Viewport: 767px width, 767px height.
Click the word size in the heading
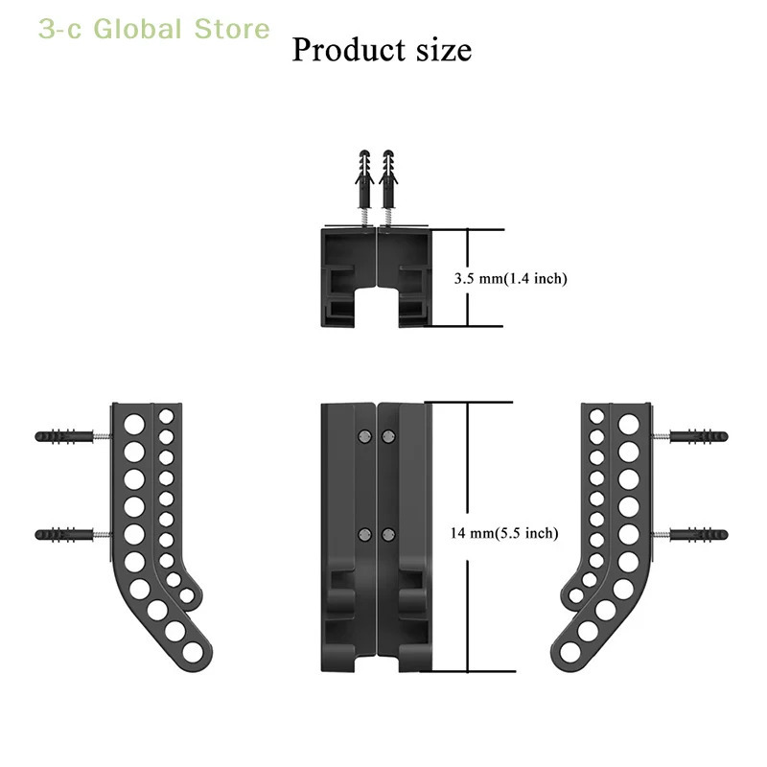tap(444, 51)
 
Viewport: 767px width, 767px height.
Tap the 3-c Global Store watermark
tap(154, 29)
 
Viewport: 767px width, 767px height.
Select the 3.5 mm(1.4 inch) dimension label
tap(511, 278)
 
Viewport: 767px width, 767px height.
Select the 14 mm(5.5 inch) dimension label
tap(504, 533)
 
